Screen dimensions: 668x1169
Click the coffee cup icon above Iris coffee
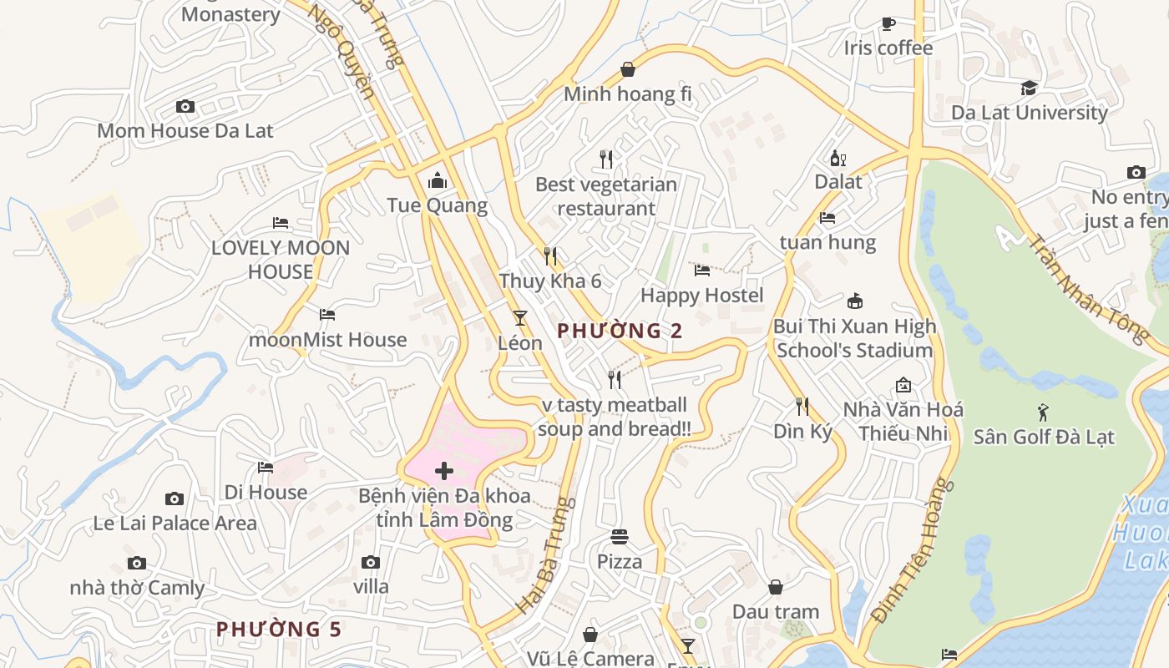(x=888, y=23)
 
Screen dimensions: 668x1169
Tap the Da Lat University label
(x=1029, y=112)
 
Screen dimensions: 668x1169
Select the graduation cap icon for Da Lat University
(x=1029, y=88)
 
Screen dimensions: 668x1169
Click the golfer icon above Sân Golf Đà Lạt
(x=1043, y=412)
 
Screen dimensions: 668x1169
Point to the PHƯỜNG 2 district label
(x=620, y=331)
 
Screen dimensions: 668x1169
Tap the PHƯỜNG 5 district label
(x=279, y=629)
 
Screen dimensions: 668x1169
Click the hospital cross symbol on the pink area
(x=444, y=471)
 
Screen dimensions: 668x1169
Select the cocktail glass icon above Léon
(x=520, y=317)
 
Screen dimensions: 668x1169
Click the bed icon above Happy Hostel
(x=702, y=270)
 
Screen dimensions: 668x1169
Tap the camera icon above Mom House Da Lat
(x=185, y=106)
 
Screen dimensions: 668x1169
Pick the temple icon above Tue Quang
(x=437, y=180)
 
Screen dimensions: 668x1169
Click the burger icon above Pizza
(x=620, y=536)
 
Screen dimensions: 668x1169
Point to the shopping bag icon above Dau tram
(x=776, y=587)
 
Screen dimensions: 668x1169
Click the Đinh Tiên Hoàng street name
(x=912, y=551)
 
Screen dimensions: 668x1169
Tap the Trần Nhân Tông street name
(x=1085, y=288)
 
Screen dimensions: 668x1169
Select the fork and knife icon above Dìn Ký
(x=802, y=407)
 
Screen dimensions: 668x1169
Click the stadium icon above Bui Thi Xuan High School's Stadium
(x=854, y=301)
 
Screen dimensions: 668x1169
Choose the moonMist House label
(x=327, y=340)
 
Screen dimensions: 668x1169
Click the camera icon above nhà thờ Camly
(x=137, y=563)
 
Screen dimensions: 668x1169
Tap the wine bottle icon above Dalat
(x=838, y=158)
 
